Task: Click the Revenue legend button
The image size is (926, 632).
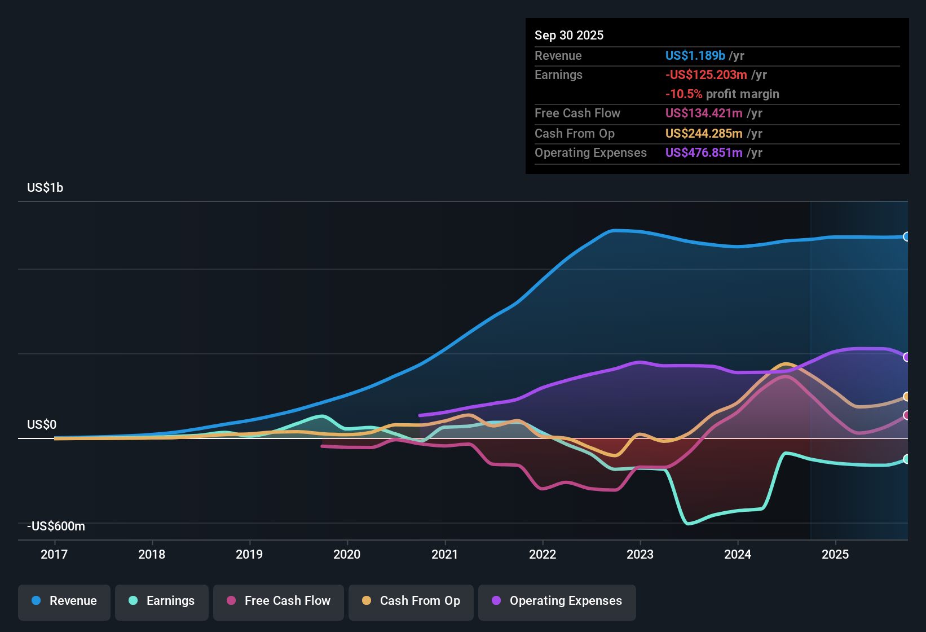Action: (64, 601)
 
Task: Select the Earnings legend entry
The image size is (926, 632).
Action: (162, 601)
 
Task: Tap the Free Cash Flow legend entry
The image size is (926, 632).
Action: (279, 601)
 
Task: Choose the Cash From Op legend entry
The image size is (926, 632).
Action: (411, 601)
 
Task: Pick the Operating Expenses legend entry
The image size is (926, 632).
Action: (557, 601)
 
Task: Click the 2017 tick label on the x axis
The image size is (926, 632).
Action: (54, 555)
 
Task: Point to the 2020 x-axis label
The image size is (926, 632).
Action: (347, 555)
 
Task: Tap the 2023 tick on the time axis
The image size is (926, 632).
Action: (640, 555)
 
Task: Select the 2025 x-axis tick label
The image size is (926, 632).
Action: (835, 555)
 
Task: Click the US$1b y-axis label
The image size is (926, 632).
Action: (45, 188)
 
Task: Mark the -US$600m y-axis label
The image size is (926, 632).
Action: (56, 526)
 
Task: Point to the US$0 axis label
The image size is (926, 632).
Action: (42, 425)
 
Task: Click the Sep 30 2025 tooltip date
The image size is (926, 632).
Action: (568, 36)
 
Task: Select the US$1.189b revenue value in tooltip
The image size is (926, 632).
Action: (695, 56)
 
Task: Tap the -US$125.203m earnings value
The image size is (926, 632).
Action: (706, 75)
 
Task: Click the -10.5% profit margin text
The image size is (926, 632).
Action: (722, 94)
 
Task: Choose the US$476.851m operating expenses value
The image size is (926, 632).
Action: (704, 153)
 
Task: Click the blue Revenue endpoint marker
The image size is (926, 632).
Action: (906, 237)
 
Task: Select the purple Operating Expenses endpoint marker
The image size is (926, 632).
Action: (906, 357)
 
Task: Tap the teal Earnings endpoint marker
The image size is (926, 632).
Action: (906, 459)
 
